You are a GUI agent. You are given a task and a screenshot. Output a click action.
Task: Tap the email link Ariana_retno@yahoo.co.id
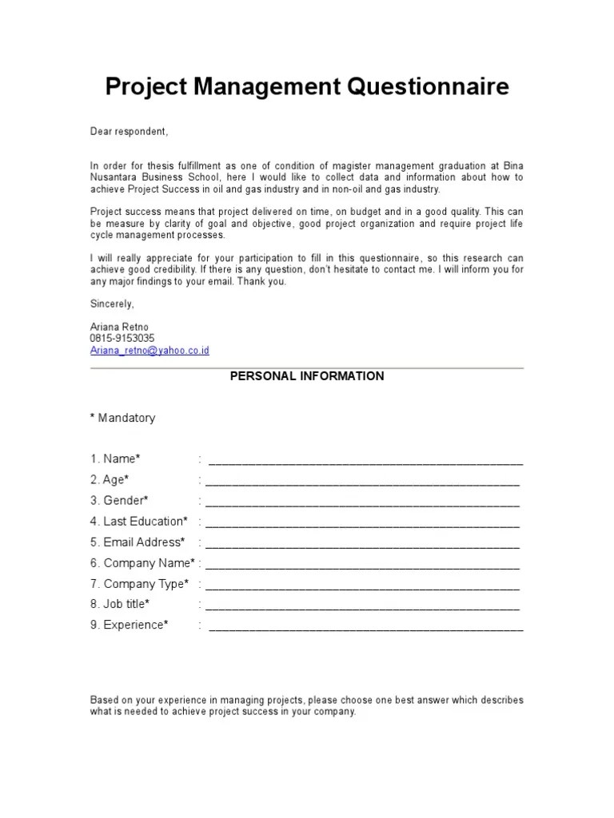point(150,351)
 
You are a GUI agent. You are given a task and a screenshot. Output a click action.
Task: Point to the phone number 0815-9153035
point(122,339)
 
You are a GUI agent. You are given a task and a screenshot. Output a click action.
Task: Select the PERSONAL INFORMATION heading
point(307,375)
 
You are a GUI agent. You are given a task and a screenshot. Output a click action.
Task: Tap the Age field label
point(110,479)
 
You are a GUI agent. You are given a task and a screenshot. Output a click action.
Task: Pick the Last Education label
point(139,521)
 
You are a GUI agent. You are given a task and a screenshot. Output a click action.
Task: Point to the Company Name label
point(142,562)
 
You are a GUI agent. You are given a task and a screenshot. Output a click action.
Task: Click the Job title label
point(120,604)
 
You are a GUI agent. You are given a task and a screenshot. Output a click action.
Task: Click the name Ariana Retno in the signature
point(119,328)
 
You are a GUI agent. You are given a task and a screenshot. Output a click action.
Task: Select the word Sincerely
point(112,304)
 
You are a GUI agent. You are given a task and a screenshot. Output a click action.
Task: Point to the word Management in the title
point(265,87)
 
